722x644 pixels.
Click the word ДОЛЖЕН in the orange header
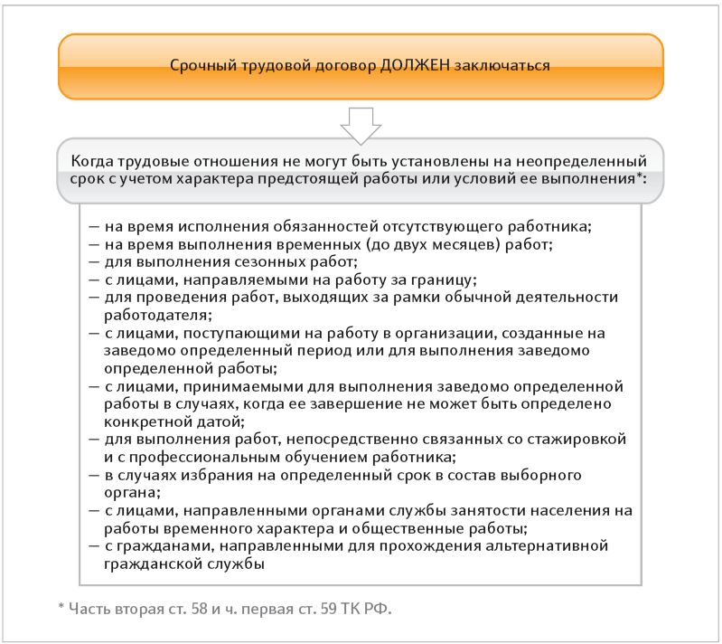pos(412,66)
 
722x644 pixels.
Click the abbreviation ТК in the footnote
pos(347,605)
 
